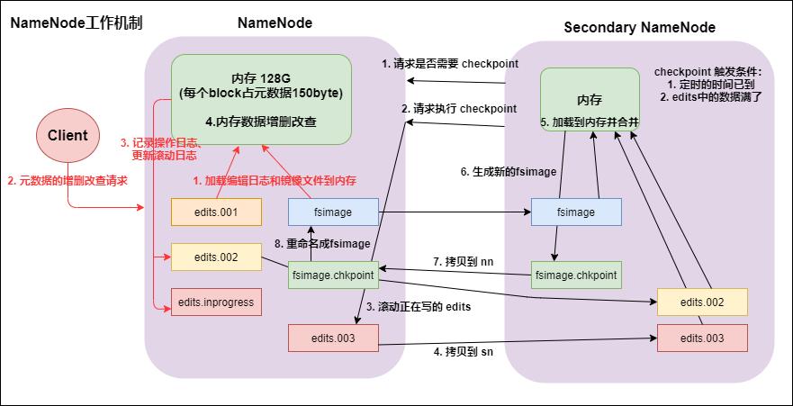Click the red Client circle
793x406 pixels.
coord(68,135)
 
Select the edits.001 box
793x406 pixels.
coord(216,212)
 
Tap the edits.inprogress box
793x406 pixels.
coord(216,302)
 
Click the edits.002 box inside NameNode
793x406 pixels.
coord(216,257)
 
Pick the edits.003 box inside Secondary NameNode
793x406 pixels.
coord(703,338)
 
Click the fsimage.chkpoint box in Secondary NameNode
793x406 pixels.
coord(576,275)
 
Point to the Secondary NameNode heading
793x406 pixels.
coord(639,28)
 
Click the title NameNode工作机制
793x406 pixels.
coord(77,23)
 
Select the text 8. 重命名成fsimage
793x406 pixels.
coord(323,244)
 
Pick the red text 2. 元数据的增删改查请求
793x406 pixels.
coord(68,180)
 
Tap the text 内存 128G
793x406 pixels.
coord(260,77)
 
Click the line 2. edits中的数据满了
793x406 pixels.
coord(711,96)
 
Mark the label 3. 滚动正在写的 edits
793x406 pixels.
coord(419,307)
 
